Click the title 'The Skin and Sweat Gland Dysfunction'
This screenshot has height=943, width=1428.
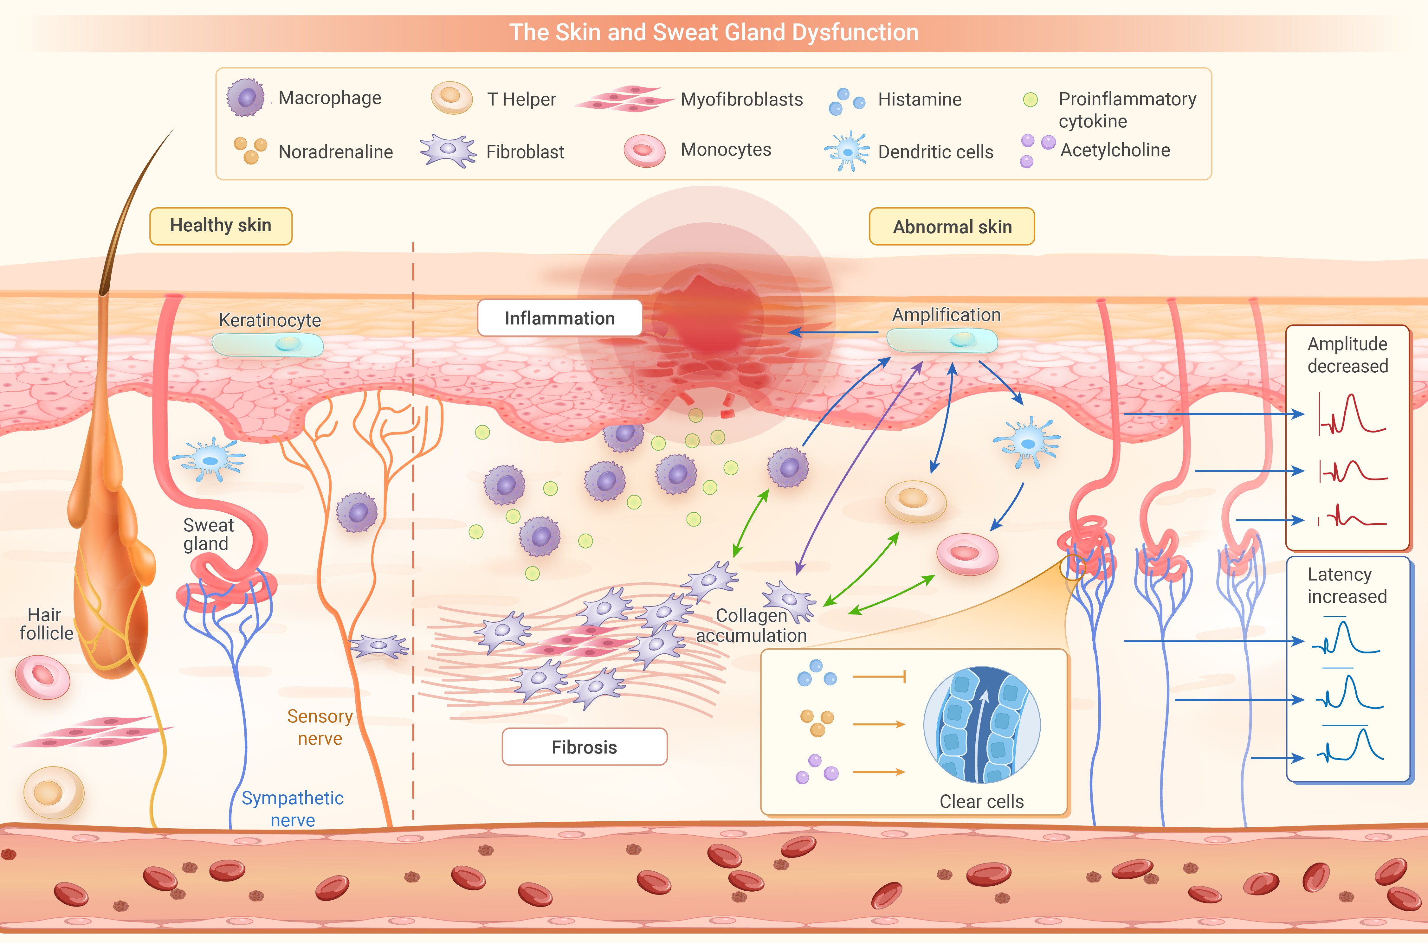coord(714,32)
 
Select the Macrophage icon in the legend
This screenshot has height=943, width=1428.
coord(245,97)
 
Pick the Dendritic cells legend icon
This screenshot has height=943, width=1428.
coord(847,151)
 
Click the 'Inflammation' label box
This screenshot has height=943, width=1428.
coord(559,318)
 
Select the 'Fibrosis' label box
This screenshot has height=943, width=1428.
coord(584,747)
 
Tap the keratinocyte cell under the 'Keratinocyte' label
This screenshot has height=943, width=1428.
coord(268,345)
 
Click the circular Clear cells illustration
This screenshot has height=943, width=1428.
coord(982,725)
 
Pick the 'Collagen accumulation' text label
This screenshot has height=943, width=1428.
coord(751,625)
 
